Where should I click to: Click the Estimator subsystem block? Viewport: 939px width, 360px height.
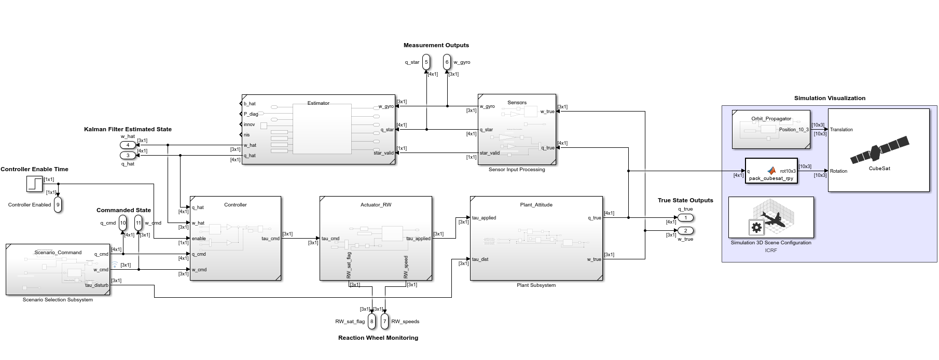tap(319, 129)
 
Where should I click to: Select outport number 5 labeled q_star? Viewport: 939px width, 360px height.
tap(426, 62)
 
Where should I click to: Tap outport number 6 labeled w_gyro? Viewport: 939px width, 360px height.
tap(447, 62)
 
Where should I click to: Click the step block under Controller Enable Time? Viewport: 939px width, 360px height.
tap(35, 184)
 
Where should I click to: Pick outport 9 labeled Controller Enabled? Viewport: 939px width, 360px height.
tap(58, 204)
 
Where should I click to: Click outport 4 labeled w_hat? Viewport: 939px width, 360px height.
tap(128, 145)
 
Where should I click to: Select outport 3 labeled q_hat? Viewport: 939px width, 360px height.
tap(128, 155)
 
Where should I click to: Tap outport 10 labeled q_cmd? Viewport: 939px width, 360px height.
tap(122, 223)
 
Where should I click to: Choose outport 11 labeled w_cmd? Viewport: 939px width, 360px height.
tap(138, 223)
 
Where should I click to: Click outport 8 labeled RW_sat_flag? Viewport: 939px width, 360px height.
tap(371, 321)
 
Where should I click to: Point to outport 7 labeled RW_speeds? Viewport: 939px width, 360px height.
tap(384, 321)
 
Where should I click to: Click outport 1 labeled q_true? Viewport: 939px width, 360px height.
tap(685, 218)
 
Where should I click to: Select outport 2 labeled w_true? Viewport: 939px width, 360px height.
tap(685, 231)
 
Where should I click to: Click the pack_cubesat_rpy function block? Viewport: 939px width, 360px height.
tap(771, 171)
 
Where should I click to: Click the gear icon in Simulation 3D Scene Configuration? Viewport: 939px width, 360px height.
tap(756, 228)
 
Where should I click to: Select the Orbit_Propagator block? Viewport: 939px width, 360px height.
tap(771, 129)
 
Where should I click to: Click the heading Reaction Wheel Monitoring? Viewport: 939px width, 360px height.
tap(378, 338)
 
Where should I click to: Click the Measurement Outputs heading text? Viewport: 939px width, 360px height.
tap(436, 45)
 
